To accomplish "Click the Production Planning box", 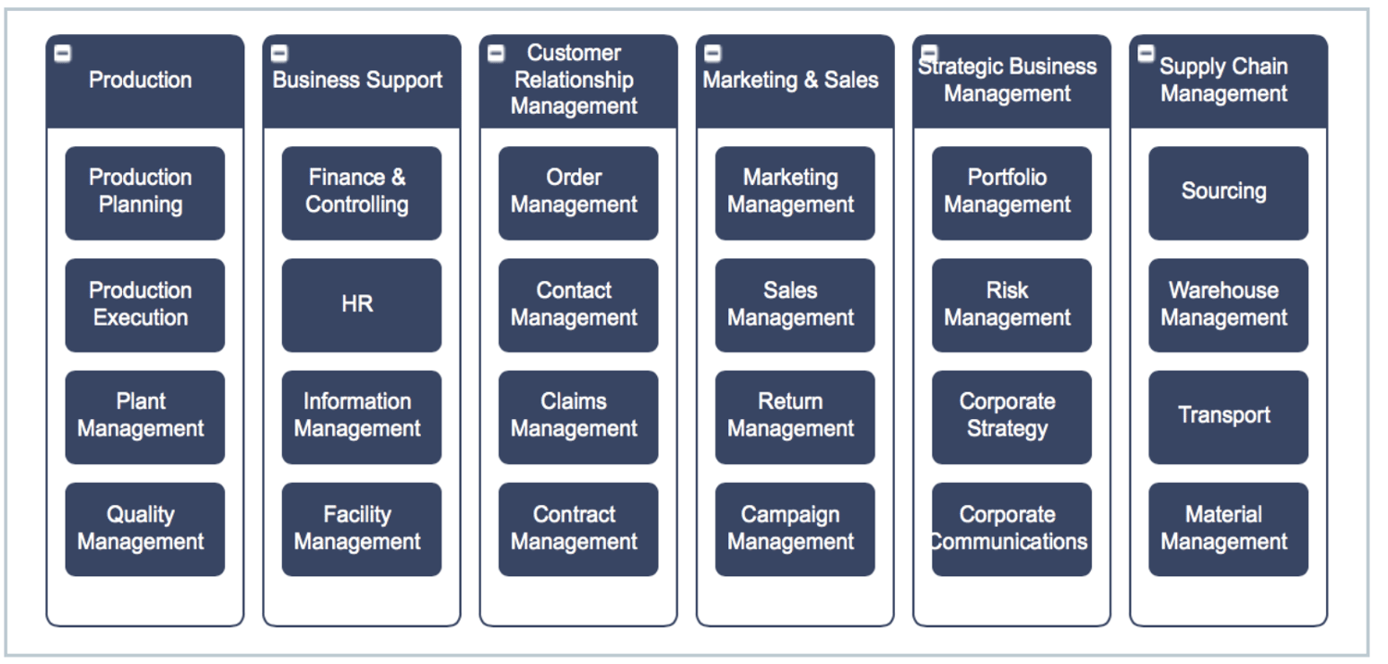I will coord(144,192).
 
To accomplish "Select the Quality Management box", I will coord(144,529).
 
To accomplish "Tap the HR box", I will coord(361,304).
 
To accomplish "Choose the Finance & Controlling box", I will coord(361,192).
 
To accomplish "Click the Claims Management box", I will coord(577,416).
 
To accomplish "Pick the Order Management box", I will coord(577,192).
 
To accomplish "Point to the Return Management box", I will coord(794,416).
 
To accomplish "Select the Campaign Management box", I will coord(794,529).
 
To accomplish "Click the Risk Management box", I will coord(1010,304).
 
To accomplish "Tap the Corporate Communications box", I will coord(1010,529).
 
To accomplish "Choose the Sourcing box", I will coord(1227,192).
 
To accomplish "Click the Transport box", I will coord(1227,416).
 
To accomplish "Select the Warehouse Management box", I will coord(1227,304).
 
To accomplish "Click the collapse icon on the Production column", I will coord(62,55).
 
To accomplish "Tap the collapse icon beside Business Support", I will coord(279,55).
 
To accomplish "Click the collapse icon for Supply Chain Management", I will coord(1146,54).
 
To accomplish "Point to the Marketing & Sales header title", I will coord(790,80).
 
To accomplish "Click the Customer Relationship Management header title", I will coord(574,80).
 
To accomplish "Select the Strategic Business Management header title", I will coord(1007,80).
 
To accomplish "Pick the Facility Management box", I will coord(361,529).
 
